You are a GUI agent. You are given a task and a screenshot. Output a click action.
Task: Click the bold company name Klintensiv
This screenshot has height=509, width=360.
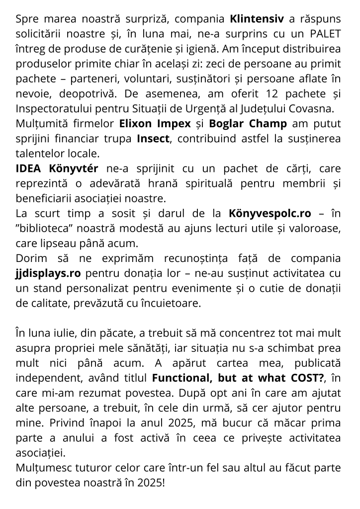pyautogui.click(x=257, y=19)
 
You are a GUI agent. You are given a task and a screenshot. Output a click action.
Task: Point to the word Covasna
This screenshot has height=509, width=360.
pyautogui.click(x=314, y=109)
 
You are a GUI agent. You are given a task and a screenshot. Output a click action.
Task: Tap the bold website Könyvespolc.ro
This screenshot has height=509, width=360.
pyautogui.click(x=270, y=213)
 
